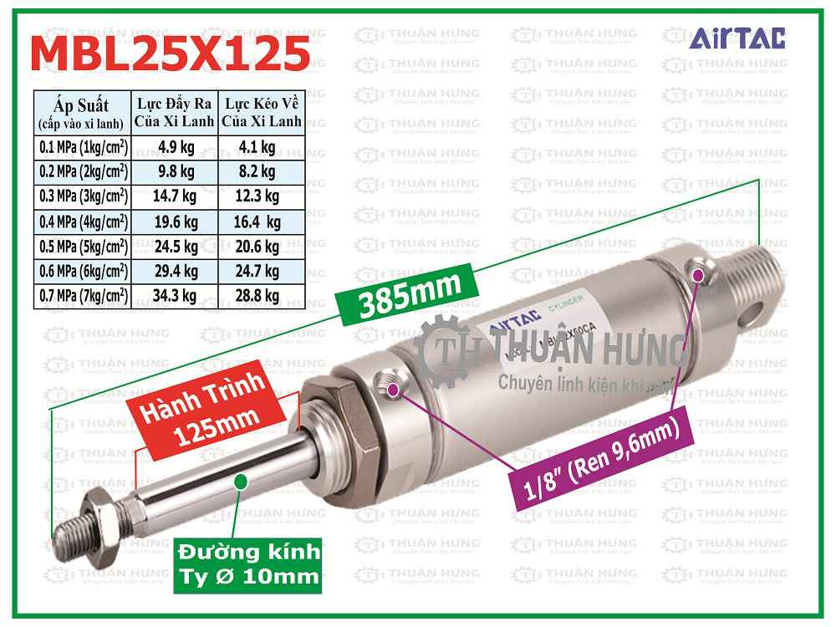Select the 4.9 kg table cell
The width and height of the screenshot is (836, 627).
176,148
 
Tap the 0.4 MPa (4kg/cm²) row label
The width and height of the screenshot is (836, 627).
83,222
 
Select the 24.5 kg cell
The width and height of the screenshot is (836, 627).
176,247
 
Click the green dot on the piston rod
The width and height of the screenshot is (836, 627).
242,481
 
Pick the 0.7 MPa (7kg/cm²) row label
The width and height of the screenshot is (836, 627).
83,295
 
